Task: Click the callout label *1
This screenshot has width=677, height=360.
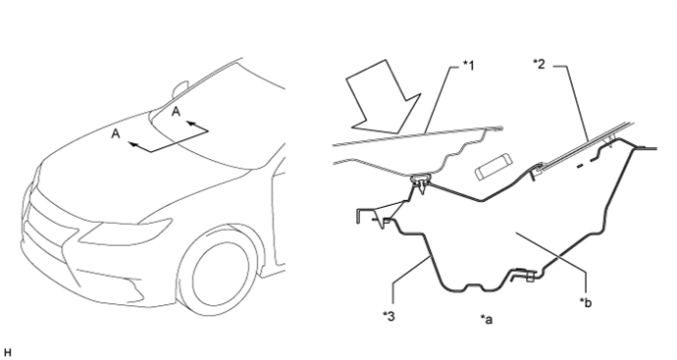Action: pyautogui.click(x=468, y=66)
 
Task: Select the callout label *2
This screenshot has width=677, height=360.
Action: pyautogui.click(x=539, y=65)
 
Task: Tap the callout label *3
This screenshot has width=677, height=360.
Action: pyautogui.click(x=389, y=316)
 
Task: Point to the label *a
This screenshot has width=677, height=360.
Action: pyautogui.click(x=486, y=319)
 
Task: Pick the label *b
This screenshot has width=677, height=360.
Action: pyautogui.click(x=586, y=302)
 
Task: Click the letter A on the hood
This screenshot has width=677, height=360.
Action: pyautogui.click(x=116, y=133)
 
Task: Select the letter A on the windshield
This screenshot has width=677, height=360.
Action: pyautogui.click(x=176, y=112)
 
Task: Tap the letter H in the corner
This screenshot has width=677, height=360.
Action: pyautogui.click(x=7, y=353)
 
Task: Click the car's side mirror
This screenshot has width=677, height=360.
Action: pyautogui.click(x=180, y=89)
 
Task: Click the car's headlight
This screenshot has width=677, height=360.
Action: pyautogui.click(x=126, y=231)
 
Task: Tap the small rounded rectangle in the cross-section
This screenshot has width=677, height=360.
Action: pyautogui.click(x=494, y=167)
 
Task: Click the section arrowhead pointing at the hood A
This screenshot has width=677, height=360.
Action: pyautogui.click(x=133, y=145)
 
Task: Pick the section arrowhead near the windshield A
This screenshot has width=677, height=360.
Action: pyautogui.click(x=191, y=125)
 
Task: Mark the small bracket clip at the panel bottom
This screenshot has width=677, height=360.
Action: pyautogui.click(x=524, y=275)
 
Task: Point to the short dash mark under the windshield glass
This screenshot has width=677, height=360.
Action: pyautogui.click(x=581, y=166)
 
